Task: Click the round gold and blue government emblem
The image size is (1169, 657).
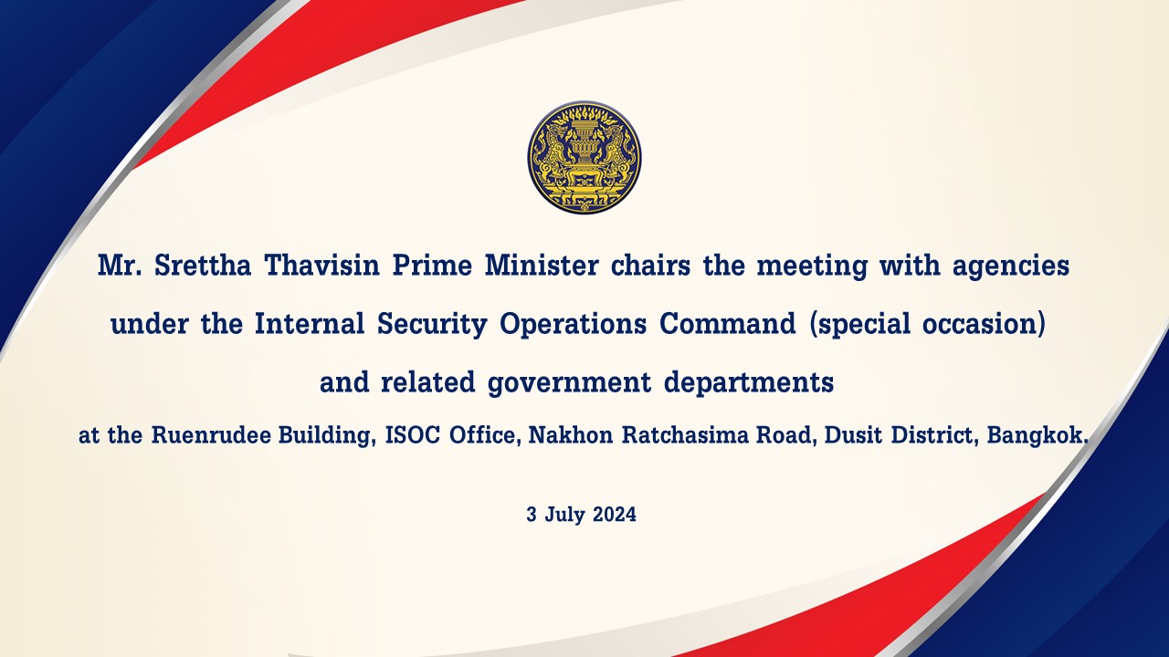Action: (x=584, y=157)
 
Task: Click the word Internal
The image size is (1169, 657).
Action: (x=310, y=323)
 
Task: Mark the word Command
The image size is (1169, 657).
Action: (x=728, y=323)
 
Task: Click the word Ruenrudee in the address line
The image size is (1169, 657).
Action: (x=211, y=435)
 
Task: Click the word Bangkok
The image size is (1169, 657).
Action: (x=1036, y=435)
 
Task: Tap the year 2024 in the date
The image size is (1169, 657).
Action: (x=615, y=515)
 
